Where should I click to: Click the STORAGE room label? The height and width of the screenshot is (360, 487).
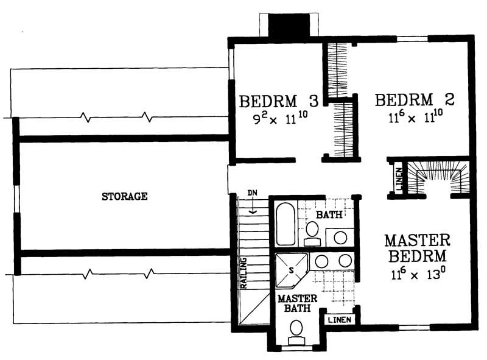pos(124,196)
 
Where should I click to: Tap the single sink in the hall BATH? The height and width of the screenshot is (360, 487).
pos(340,236)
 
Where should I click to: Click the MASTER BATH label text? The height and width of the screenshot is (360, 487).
pos(297,303)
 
